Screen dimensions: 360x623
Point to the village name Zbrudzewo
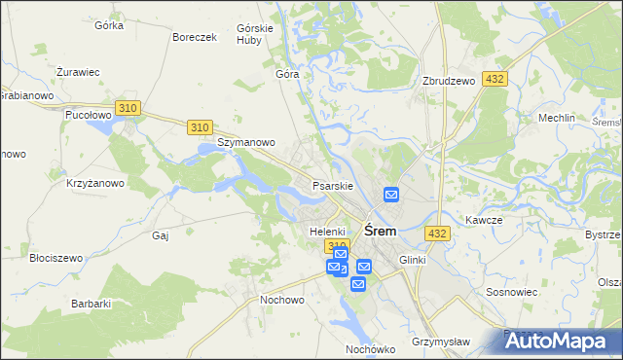pos(449,82)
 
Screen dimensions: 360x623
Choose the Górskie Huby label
pos(255,34)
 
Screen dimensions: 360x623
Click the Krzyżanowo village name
pos(94,183)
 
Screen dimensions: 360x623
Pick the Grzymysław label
pos(440,342)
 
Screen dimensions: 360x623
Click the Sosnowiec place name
pos(512,292)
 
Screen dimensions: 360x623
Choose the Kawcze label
pos(483,220)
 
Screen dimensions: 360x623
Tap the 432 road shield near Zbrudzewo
pos(495,78)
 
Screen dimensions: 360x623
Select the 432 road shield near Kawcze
pos(437,234)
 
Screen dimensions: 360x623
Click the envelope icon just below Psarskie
pos(391,195)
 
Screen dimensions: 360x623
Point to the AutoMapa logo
pos(560,341)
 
